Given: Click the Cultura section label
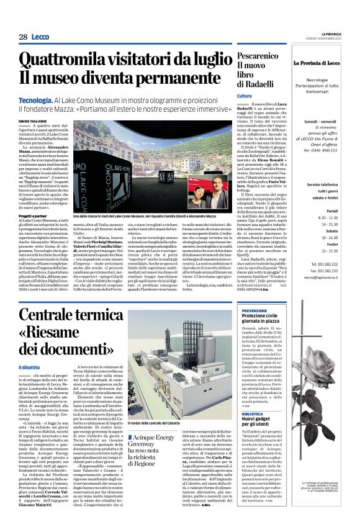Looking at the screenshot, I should coord(244,96).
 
